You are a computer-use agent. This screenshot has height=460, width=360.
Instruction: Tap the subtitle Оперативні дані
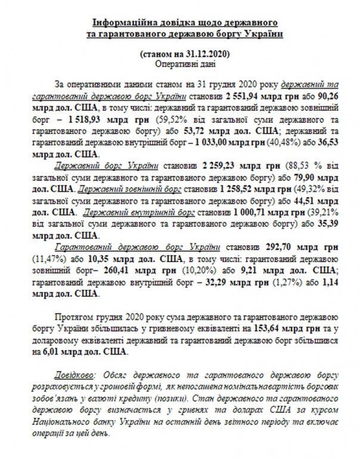179,63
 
